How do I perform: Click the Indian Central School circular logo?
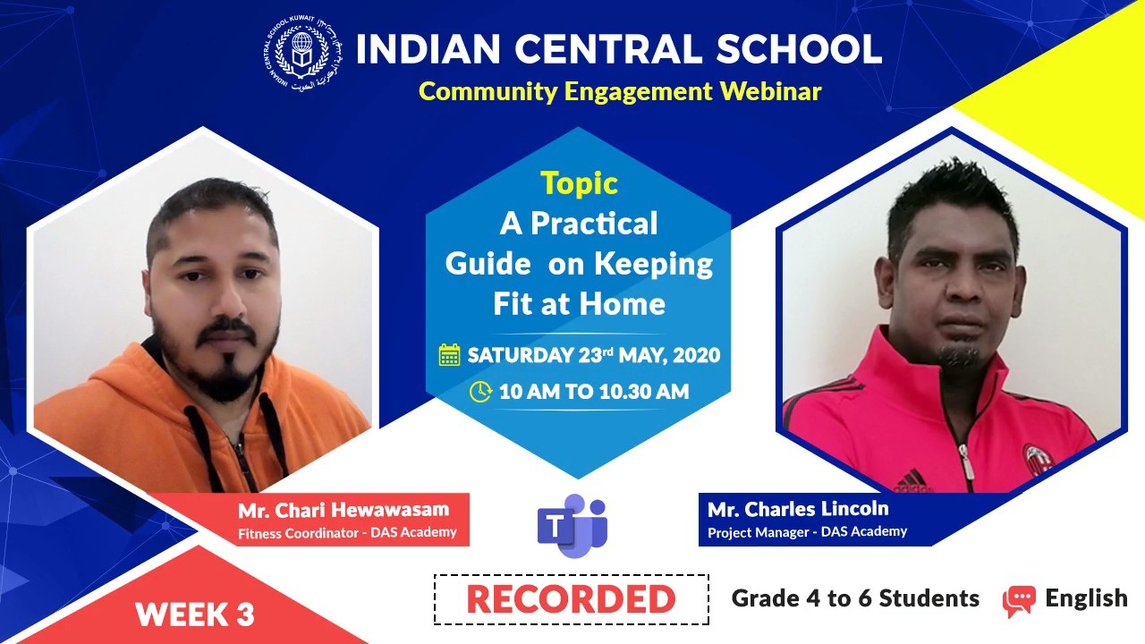click(303, 53)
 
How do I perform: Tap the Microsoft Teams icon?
click(572, 525)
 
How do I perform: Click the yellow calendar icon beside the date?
click(449, 355)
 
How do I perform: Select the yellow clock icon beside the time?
click(480, 392)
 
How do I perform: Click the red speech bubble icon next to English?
click(1019, 601)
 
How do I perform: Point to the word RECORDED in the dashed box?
click(571, 599)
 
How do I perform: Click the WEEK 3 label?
click(195, 614)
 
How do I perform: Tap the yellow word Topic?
click(579, 183)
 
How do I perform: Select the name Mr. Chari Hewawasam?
click(343, 510)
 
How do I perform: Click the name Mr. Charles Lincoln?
click(798, 509)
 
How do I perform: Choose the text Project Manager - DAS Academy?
click(807, 532)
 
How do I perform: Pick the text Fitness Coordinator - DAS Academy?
click(347, 532)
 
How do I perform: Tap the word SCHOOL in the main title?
click(799, 49)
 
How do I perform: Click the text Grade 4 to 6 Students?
click(855, 598)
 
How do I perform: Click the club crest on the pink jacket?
click(1039, 460)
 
